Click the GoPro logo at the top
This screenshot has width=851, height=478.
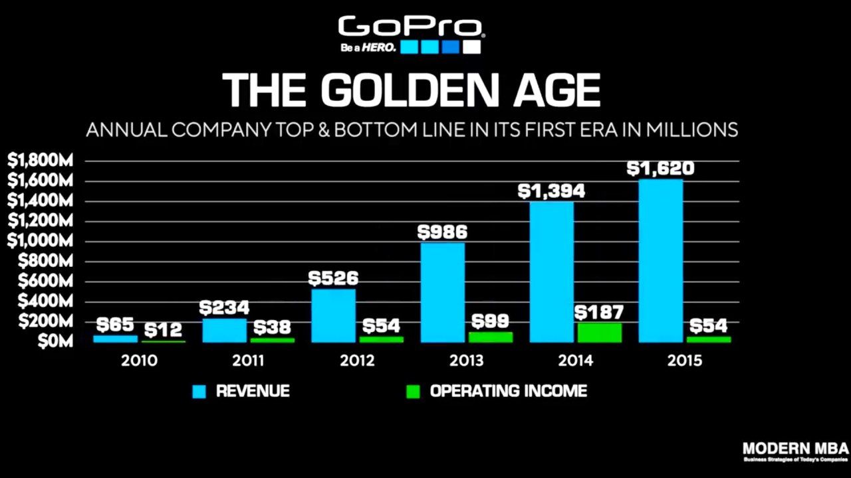click(411, 28)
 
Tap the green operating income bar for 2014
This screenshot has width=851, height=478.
click(599, 332)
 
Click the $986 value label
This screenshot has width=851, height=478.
click(442, 232)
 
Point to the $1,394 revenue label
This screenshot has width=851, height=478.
click(551, 191)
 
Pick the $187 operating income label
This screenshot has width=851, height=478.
click(599, 313)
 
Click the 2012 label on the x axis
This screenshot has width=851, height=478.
click(357, 360)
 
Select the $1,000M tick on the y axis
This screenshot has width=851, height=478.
click(40, 241)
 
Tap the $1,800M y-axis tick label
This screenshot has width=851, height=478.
click(40, 160)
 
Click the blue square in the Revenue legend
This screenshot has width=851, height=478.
click(199, 392)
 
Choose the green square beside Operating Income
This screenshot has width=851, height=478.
click(413, 392)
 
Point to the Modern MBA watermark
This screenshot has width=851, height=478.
click(795, 451)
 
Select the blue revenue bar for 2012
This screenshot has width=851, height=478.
click(333, 315)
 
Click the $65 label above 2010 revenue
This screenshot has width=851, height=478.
click(115, 325)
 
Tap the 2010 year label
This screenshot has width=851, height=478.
click(139, 360)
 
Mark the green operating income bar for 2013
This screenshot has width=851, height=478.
click(490, 337)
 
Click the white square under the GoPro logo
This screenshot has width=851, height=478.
click(471, 47)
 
